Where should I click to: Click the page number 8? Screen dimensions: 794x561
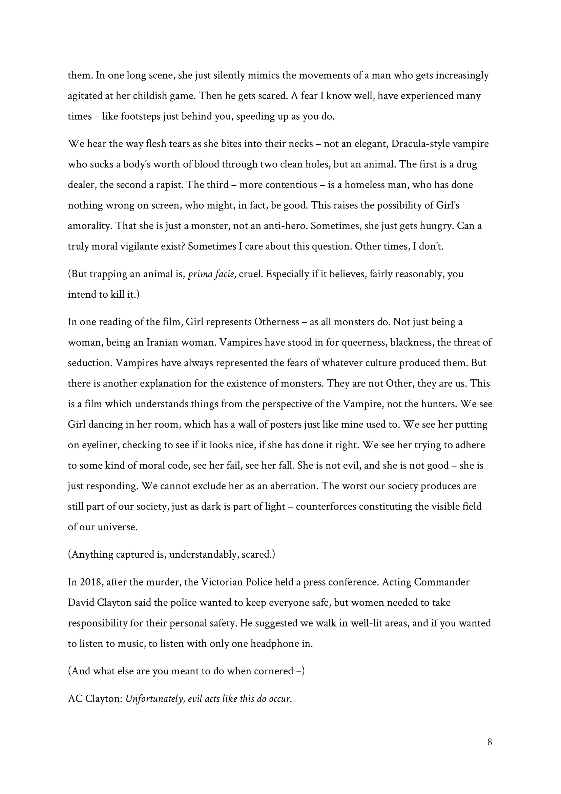[x=490, y=742]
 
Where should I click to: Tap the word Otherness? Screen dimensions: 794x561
[x=276, y=322]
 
